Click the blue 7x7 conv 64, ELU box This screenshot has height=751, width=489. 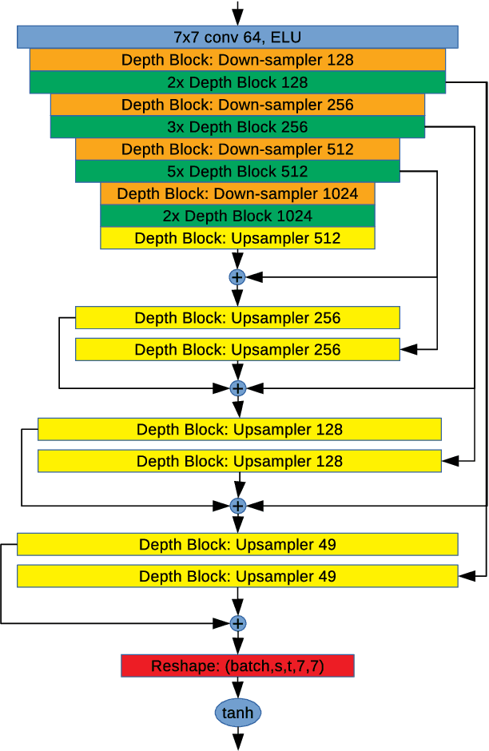pos(237,37)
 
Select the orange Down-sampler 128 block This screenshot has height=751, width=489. pos(237,60)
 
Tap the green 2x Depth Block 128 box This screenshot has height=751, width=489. pos(237,82)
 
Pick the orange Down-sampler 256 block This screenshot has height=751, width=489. pos(237,105)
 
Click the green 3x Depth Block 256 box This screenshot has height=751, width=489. pos(237,127)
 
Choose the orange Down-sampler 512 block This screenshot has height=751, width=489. pos(237,149)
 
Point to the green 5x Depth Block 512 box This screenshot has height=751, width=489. pos(237,172)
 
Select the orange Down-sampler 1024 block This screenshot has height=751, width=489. pos(237,193)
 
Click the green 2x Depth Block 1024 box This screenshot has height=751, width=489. pos(237,216)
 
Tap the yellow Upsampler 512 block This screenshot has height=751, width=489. pos(237,238)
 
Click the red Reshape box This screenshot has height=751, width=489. pos(237,666)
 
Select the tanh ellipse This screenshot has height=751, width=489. pos(237,712)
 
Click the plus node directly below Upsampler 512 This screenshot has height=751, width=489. pos(237,277)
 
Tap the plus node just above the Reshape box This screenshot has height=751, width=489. pos(237,623)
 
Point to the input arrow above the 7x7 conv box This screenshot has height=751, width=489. pos(237,13)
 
